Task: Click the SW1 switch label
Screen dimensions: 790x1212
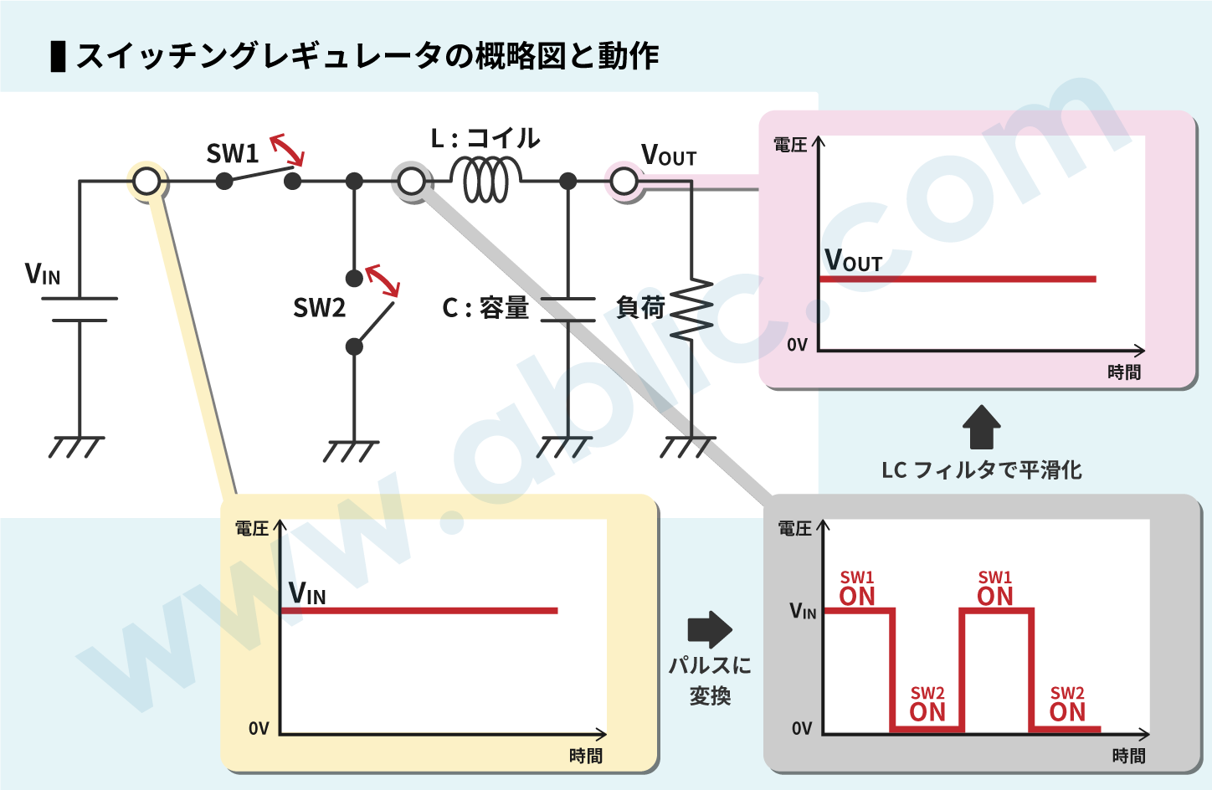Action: coord(232,154)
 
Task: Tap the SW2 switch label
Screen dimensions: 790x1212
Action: coord(319,308)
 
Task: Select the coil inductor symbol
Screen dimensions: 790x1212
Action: coord(485,179)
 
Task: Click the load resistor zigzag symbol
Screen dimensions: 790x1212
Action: coord(691,310)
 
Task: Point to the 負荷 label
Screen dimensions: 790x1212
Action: coord(640,307)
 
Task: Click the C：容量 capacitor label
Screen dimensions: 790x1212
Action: coord(485,308)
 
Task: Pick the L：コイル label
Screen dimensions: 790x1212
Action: coord(485,138)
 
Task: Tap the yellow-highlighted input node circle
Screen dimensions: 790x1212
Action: coord(147,181)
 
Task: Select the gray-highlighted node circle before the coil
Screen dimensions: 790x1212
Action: coord(411,181)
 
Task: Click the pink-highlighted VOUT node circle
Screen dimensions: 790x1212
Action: coord(624,181)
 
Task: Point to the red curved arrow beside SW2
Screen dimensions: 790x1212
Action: coord(383,281)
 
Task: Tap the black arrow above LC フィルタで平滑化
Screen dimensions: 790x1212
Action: coord(981,427)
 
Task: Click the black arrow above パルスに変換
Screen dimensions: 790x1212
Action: coord(710,629)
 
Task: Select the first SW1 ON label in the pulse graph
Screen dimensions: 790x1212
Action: coord(857,589)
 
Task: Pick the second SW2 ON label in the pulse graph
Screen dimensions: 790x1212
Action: coord(1067,705)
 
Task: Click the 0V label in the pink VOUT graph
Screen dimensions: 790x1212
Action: coord(797,345)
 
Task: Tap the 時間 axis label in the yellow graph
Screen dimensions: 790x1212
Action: coord(586,756)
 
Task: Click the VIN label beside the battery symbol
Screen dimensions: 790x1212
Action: coord(43,274)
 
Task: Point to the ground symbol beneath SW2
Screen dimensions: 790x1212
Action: coord(352,450)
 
